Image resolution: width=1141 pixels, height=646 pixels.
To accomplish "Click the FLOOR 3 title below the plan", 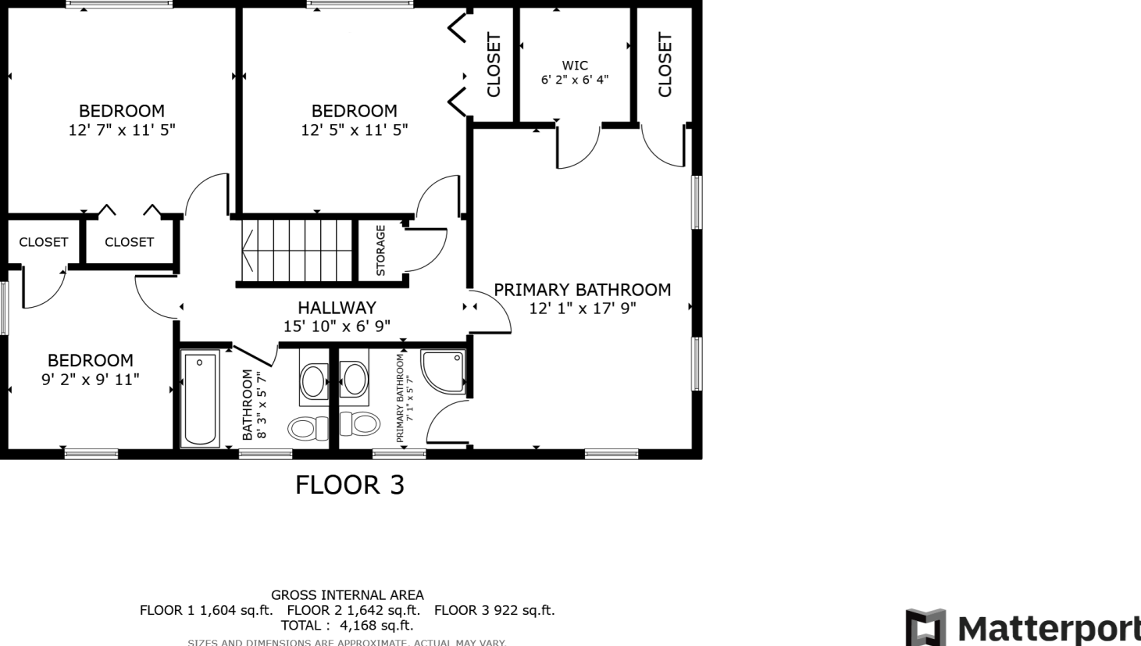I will click(x=350, y=485).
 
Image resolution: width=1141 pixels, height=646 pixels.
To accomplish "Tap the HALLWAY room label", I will click(x=337, y=308).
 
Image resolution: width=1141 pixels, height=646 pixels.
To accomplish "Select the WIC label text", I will click(x=575, y=66).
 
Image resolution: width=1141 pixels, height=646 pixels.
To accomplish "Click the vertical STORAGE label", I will click(x=380, y=251).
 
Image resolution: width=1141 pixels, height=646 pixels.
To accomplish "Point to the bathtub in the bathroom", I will click(x=200, y=399).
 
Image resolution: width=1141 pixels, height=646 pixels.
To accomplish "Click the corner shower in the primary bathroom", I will click(x=443, y=371).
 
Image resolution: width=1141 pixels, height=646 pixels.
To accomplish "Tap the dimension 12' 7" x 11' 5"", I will click(x=122, y=130).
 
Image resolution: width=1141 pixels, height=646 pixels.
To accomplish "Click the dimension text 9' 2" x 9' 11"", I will click(x=91, y=380).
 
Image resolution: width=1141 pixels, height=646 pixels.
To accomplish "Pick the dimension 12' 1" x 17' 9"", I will click(x=583, y=309).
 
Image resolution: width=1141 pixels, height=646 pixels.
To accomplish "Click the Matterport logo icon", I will click(x=925, y=627).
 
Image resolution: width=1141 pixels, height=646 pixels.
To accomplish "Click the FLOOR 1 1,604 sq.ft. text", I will click(x=206, y=610).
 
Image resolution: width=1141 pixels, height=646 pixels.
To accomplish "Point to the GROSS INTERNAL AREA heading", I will click(x=348, y=595).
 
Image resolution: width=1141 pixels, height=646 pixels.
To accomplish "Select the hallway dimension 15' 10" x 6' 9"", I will click(x=337, y=327).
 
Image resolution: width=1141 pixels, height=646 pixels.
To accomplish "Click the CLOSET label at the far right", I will click(x=665, y=64).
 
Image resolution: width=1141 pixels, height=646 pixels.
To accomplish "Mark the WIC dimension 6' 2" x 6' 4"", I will click(x=575, y=80).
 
